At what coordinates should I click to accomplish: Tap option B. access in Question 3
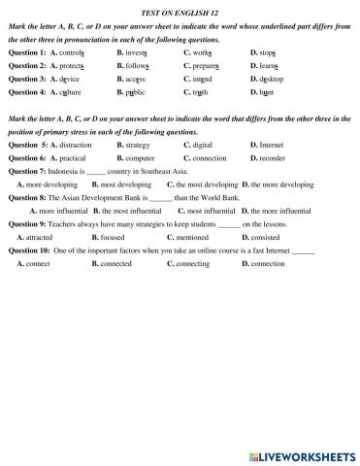click(133, 77)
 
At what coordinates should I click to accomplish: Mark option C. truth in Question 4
click(196, 90)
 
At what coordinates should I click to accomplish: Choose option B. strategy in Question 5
click(133, 143)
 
